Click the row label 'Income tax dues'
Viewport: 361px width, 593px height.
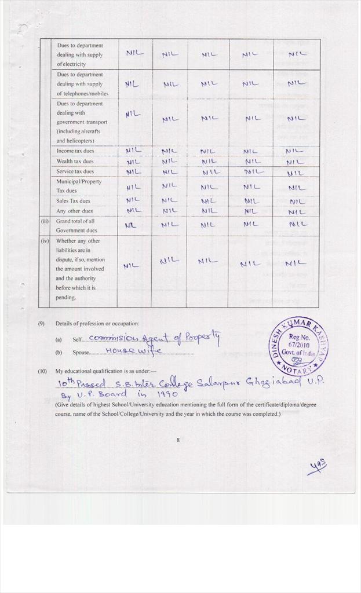coord(75,151)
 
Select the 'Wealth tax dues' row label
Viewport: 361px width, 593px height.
coord(75,162)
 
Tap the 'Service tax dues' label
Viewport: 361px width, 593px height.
coord(75,171)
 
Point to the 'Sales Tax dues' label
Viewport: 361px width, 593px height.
coord(73,201)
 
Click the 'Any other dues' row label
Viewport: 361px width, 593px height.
coord(74,211)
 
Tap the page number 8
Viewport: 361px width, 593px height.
coord(178,440)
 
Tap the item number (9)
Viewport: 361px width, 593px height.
coord(42,323)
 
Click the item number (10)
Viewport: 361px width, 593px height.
coord(42,370)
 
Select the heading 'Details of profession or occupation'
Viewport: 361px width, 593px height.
coord(97,323)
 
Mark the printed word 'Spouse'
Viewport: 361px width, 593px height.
coord(81,352)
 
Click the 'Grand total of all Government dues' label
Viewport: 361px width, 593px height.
coord(75,225)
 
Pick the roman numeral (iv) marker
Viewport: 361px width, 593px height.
coord(45,240)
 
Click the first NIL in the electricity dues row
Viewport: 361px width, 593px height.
coord(134,53)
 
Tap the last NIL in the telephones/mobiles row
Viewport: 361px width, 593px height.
coord(296,83)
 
